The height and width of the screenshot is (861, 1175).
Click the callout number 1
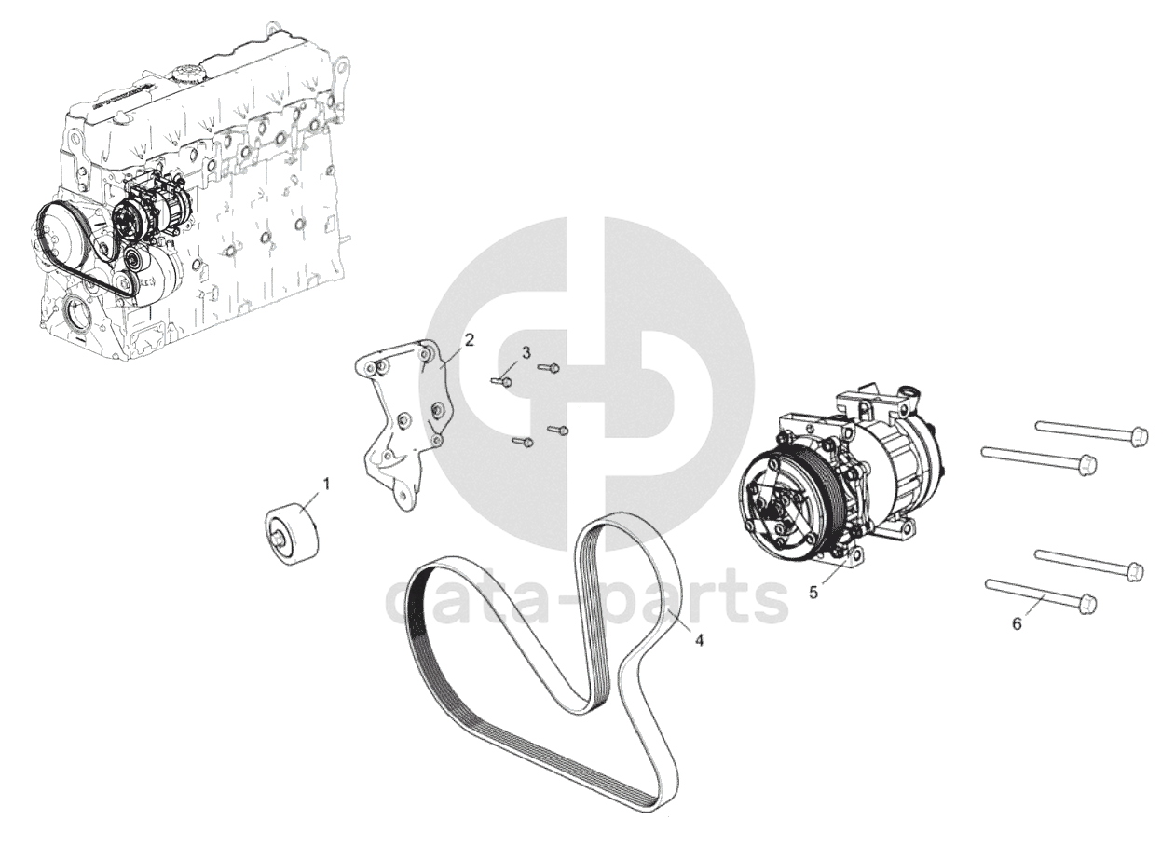(326, 484)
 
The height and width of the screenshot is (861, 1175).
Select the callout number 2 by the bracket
(469, 339)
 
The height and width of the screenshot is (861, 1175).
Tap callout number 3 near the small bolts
(526, 352)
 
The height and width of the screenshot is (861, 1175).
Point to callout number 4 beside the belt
(699, 640)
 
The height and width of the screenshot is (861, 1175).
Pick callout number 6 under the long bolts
(1017, 623)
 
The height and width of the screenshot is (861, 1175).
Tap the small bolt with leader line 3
(501, 381)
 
